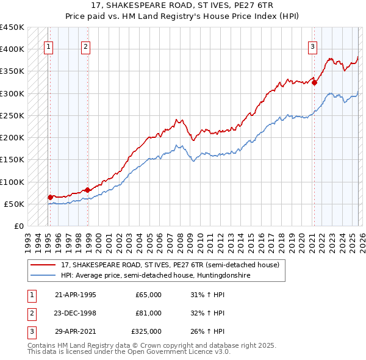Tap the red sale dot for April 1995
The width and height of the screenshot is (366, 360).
click(x=50, y=197)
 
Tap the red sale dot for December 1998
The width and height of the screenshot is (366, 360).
click(x=87, y=190)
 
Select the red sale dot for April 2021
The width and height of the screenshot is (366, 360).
click(x=314, y=83)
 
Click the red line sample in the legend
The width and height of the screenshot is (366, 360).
click(x=44, y=265)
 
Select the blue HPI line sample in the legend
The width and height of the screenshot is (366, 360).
click(x=44, y=276)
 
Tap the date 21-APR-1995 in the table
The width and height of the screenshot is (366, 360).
click(x=76, y=295)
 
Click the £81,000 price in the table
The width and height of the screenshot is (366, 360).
click(x=148, y=313)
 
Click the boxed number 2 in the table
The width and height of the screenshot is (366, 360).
click(x=30, y=313)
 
